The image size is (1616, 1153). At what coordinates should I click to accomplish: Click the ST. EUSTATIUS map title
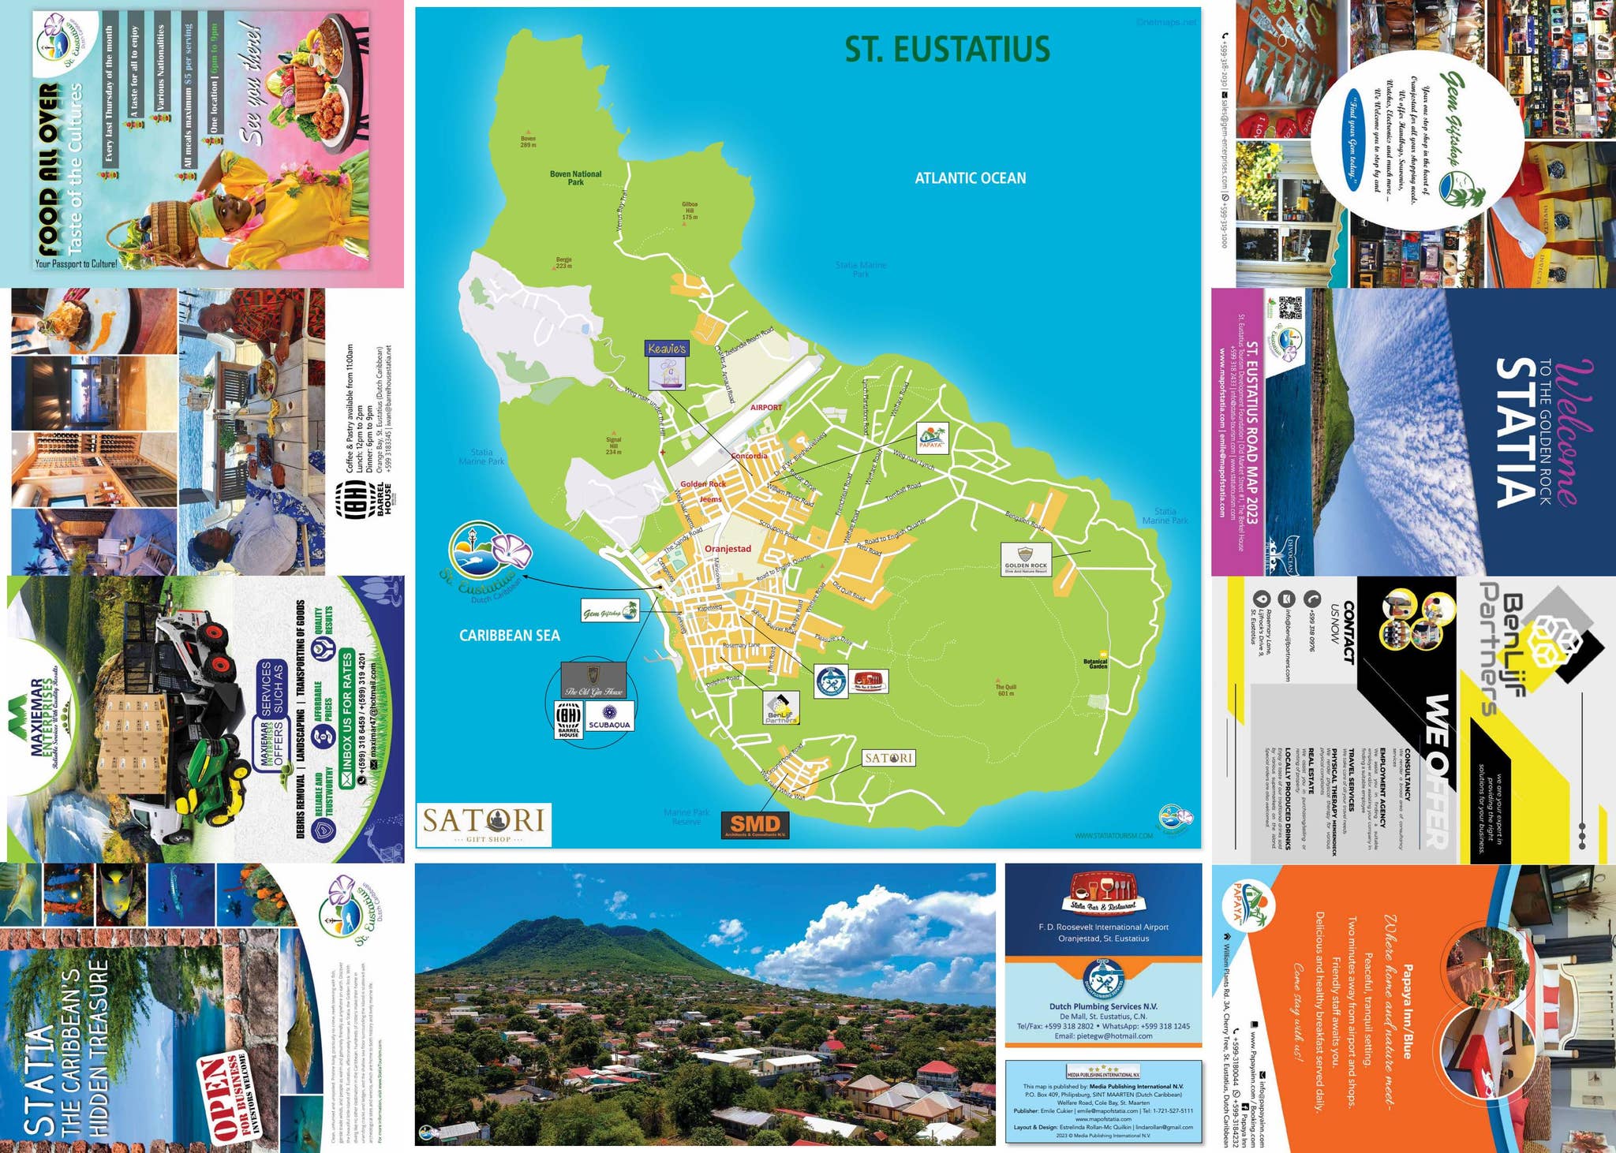click(947, 49)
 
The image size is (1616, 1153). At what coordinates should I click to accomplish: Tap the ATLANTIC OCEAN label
click(970, 178)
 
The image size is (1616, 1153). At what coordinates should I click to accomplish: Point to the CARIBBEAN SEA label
click(509, 635)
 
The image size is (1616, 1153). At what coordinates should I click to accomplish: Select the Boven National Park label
click(575, 178)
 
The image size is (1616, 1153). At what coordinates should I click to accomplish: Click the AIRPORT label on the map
click(765, 407)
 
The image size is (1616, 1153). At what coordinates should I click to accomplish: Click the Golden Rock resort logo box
click(1026, 559)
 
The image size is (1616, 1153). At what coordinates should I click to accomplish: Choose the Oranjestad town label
click(728, 548)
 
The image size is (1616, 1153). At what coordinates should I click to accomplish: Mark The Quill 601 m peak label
click(1005, 689)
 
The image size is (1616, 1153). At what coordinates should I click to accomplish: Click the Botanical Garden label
click(1095, 664)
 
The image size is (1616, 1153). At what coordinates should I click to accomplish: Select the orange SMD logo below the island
click(755, 825)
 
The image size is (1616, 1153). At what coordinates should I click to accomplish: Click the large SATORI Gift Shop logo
click(484, 825)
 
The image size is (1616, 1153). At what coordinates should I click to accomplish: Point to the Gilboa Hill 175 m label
click(689, 211)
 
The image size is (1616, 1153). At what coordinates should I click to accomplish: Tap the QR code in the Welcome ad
click(1289, 308)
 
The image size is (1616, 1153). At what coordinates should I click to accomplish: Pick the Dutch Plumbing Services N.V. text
click(1102, 1006)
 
